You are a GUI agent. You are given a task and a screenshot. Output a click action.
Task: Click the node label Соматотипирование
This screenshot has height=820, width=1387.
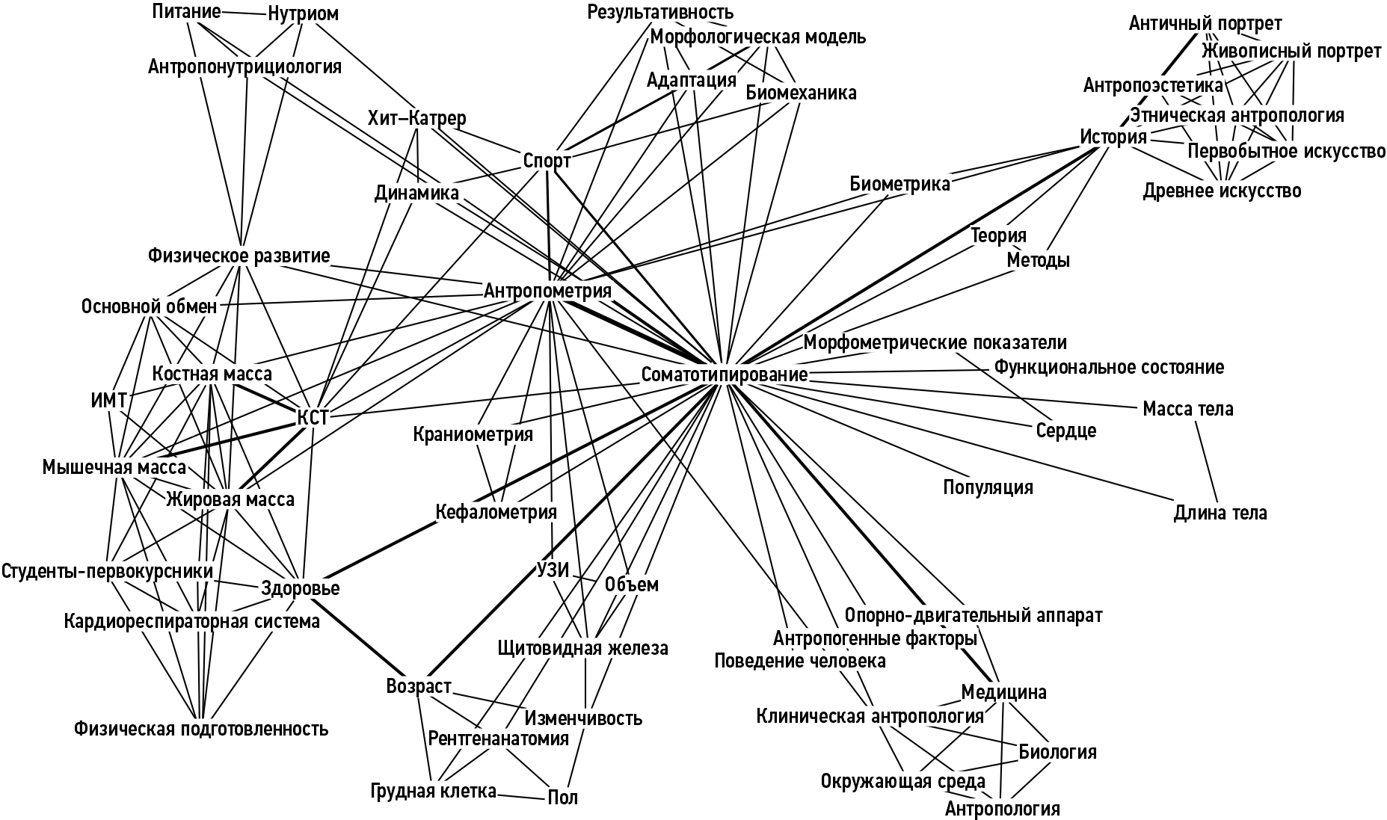tap(724, 374)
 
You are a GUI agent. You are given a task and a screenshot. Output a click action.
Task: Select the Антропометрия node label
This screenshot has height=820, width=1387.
tap(547, 291)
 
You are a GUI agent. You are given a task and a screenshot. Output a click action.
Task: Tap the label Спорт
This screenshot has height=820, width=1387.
tap(547, 161)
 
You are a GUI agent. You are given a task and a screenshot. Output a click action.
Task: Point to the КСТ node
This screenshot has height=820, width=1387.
tap(313, 418)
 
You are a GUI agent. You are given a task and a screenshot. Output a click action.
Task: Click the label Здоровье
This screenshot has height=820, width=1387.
tap(301, 588)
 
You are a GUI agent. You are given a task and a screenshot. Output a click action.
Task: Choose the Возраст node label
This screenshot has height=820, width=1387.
tap(419, 685)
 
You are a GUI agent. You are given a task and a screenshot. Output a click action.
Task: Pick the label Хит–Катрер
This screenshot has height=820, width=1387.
tap(416, 118)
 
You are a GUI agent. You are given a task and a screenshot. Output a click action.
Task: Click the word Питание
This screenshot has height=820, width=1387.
tap(186, 11)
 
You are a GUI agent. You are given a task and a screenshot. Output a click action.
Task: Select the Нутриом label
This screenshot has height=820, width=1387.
tap(303, 14)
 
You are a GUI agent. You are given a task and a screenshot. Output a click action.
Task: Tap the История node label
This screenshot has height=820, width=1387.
tap(1113, 138)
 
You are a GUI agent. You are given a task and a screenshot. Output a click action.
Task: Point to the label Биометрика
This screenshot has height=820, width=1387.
tap(899, 184)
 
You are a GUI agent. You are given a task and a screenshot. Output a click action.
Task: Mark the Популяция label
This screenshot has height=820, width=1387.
tap(988, 487)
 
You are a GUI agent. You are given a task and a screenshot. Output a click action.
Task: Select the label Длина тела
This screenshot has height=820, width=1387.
tap(1220, 513)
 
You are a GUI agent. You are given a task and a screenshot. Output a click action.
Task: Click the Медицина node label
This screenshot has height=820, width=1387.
tap(1003, 692)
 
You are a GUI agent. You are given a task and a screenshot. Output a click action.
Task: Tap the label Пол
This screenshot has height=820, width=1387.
tap(562, 798)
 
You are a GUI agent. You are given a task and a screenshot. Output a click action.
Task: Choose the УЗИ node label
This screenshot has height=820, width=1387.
tap(553, 570)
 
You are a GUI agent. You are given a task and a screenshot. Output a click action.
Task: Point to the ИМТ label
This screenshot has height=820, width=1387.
tap(108, 400)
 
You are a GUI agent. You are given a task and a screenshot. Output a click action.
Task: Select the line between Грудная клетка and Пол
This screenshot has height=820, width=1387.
tap(522, 795)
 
